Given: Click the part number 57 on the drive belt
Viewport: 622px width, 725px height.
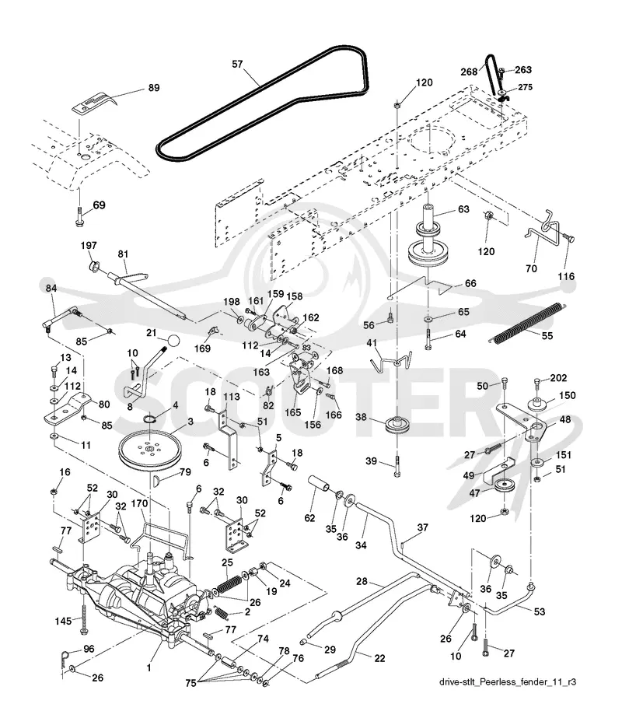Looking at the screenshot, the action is [x=237, y=65].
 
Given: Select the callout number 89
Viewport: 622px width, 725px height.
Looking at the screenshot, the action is [x=153, y=87].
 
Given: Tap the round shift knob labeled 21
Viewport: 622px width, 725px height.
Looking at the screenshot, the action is [x=173, y=341].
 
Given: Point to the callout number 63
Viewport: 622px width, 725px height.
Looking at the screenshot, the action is [x=463, y=209].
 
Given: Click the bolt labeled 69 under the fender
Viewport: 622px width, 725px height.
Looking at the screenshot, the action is [x=79, y=217].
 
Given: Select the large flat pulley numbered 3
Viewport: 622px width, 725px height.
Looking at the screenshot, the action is [x=152, y=450].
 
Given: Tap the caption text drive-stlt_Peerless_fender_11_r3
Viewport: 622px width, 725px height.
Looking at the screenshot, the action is [x=508, y=682].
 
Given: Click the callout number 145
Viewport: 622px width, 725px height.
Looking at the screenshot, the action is [x=63, y=621].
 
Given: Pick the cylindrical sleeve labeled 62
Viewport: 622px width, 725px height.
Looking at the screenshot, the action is [x=319, y=485].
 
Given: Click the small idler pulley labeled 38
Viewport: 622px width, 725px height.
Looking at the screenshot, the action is [x=397, y=426].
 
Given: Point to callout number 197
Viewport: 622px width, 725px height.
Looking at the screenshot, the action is [x=89, y=246].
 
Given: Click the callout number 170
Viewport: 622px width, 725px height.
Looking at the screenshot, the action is [x=139, y=503].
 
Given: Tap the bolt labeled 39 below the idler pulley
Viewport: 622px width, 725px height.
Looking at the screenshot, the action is [x=397, y=467].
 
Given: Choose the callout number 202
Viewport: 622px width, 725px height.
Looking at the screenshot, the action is [x=558, y=378].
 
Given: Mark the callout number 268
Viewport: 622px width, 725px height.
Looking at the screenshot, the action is [x=469, y=72].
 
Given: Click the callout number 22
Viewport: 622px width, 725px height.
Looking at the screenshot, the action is [x=379, y=658].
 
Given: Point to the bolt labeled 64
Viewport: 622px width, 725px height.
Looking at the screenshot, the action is [x=429, y=340].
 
